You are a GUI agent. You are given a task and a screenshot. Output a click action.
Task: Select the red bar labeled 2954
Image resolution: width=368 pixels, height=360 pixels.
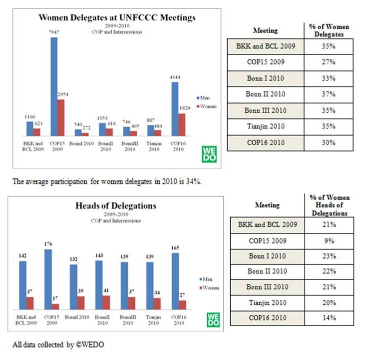click(x=60, y=117)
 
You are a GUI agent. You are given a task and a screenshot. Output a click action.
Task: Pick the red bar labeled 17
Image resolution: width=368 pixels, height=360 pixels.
click(x=55, y=306)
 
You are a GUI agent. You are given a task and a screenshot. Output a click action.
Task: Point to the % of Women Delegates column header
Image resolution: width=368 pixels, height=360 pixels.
click(x=329, y=29)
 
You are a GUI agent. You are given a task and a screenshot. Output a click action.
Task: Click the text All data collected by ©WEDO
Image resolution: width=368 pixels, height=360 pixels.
click(x=58, y=344)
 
